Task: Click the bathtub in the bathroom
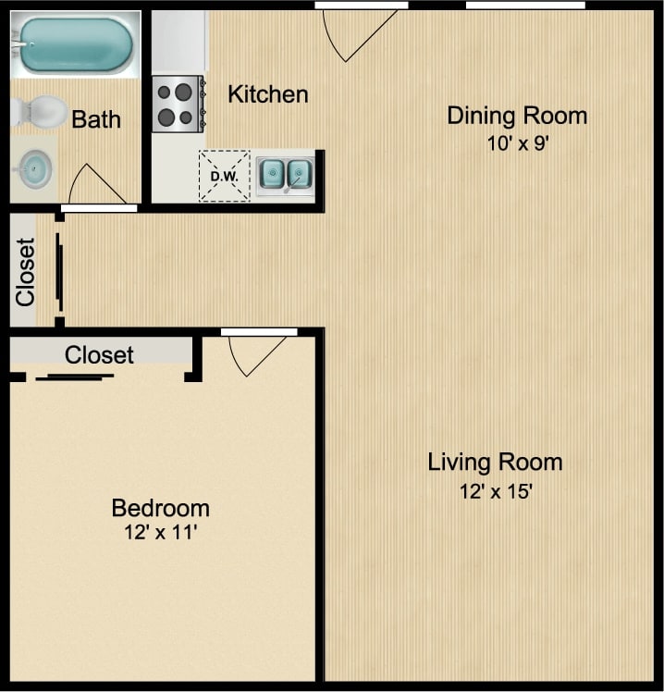click(x=74, y=44)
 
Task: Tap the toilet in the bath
click(x=41, y=111)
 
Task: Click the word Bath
click(x=96, y=119)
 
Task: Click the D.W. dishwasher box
click(x=224, y=176)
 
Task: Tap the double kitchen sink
click(x=286, y=173)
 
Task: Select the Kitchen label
click(x=268, y=94)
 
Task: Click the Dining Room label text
click(x=517, y=116)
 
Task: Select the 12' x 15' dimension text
click(x=495, y=491)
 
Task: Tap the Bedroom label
click(x=160, y=508)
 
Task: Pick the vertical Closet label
click(x=25, y=272)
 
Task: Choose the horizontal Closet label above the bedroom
click(x=99, y=355)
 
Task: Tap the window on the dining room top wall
click(x=525, y=6)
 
